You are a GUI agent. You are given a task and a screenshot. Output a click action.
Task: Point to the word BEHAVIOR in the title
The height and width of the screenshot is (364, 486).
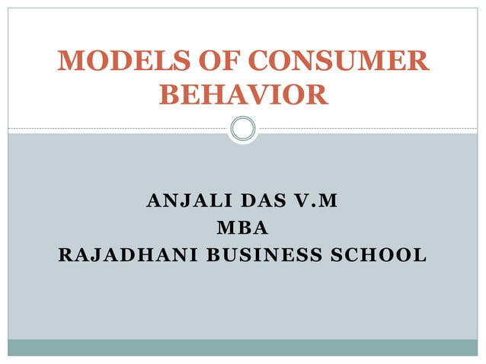tap(243, 95)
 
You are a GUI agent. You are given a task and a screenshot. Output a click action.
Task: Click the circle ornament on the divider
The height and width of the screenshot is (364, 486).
tap(243, 128)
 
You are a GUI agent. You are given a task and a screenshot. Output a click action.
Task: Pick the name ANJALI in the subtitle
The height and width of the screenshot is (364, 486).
tap(184, 203)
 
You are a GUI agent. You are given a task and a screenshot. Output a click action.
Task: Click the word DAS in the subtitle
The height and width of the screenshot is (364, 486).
tap(260, 203)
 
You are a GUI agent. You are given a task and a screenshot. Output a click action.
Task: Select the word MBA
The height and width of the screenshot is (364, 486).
tap(243, 228)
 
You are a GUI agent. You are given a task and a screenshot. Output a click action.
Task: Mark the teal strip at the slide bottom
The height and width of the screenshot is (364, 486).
tap(243, 347)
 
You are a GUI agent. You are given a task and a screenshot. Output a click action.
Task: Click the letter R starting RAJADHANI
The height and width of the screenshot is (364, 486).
tap(66, 254)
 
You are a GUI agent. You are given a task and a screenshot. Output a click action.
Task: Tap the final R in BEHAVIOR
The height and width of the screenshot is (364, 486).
tap(318, 95)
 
